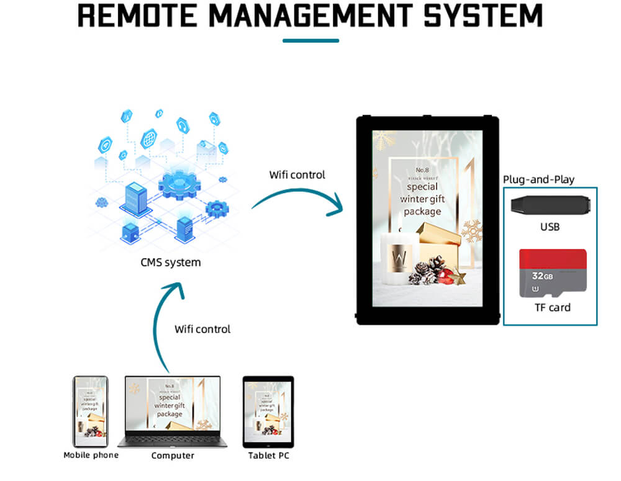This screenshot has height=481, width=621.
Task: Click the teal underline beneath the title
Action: [x=310, y=40]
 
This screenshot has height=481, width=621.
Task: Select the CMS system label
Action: [x=170, y=262]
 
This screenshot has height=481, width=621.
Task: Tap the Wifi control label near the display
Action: [x=297, y=174]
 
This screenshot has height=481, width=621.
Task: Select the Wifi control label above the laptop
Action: [x=202, y=328]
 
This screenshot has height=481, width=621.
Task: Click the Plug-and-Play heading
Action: [x=538, y=180]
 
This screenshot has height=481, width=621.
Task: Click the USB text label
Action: [x=550, y=227]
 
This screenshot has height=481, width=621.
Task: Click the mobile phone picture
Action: [x=91, y=411]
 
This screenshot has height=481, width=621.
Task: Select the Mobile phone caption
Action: [x=91, y=455]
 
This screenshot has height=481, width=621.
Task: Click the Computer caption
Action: [x=173, y=456]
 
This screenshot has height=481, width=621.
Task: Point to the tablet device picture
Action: [x=268, y=411]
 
